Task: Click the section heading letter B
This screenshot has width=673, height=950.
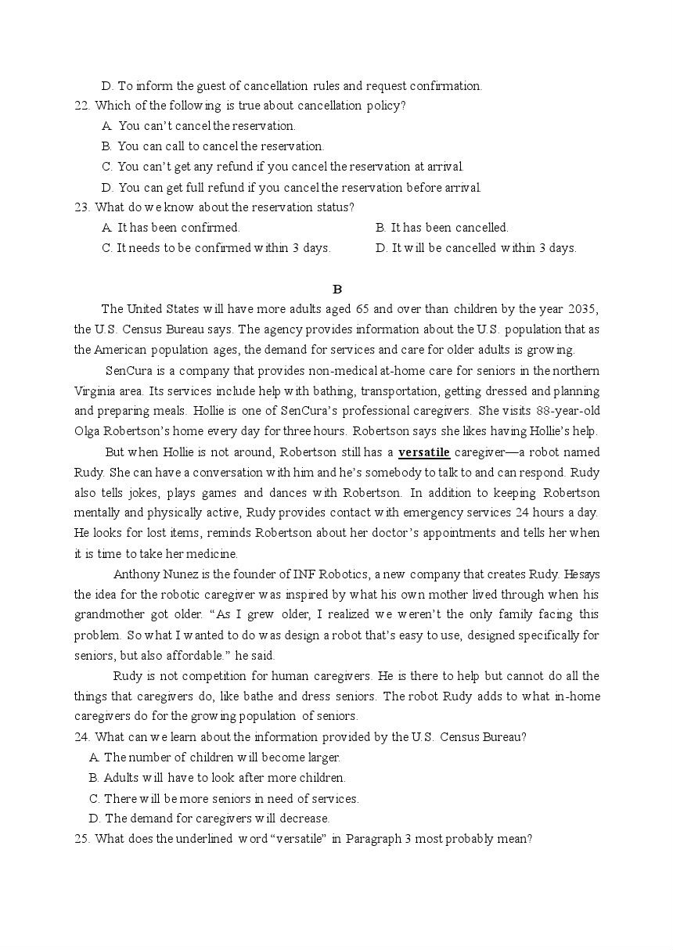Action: (x=336, y=289)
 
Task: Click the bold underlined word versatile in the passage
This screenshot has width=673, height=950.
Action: (x=423, y=452)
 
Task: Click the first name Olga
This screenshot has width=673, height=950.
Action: (x=88, y=432)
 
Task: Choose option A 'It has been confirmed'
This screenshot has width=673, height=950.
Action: (x=171, y=228)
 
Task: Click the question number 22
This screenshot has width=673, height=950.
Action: (x=81, y=106)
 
